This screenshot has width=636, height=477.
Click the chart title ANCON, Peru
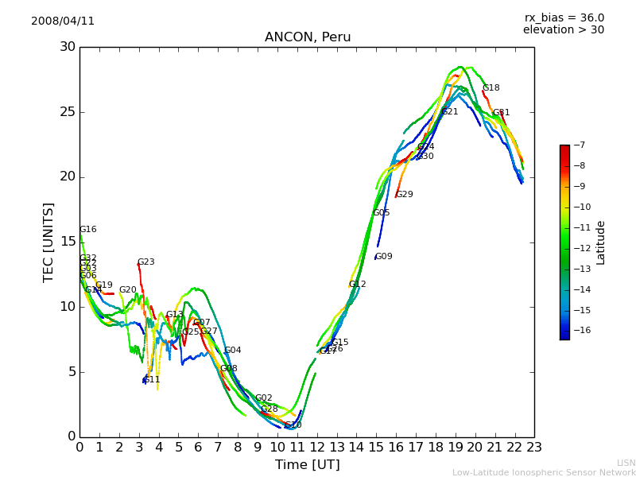308,37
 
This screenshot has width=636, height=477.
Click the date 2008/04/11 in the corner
63,21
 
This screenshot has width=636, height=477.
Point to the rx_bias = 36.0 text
564,17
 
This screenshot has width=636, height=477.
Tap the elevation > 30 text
563,29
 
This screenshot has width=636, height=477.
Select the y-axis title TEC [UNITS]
49,242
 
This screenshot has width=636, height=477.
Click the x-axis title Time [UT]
307,465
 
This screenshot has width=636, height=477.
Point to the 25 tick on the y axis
66,112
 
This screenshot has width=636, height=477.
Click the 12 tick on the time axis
317,448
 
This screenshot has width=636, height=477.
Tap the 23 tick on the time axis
534,448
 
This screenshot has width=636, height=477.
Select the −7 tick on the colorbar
578,145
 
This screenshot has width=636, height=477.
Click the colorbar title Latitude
601,242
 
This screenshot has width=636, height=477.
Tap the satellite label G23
145,262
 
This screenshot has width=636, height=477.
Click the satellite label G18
491,88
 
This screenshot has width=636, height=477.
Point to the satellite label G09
384,257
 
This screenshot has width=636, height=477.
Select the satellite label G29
404,195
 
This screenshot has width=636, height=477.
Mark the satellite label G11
151,380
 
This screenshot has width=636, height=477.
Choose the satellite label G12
357,285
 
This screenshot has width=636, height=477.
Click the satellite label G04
232,351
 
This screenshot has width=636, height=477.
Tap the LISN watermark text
626,463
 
